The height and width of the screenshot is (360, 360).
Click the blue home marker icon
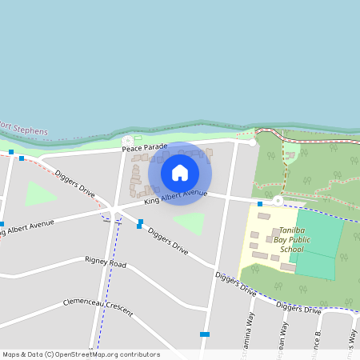180,172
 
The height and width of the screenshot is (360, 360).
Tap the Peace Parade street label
145,148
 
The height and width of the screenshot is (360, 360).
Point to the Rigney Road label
106,262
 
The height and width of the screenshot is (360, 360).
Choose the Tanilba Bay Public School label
291,239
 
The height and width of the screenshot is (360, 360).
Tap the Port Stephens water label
24,128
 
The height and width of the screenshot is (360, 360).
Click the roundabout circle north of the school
278,200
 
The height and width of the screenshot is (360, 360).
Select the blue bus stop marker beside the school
260,204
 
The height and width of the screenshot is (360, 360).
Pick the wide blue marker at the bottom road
205,334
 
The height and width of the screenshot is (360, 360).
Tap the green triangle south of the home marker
190,222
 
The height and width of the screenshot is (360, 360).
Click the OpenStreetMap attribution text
80,354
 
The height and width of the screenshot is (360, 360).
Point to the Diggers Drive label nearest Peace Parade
75,183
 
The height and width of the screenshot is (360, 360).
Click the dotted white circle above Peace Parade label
127,141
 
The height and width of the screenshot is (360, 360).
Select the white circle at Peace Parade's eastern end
253,142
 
